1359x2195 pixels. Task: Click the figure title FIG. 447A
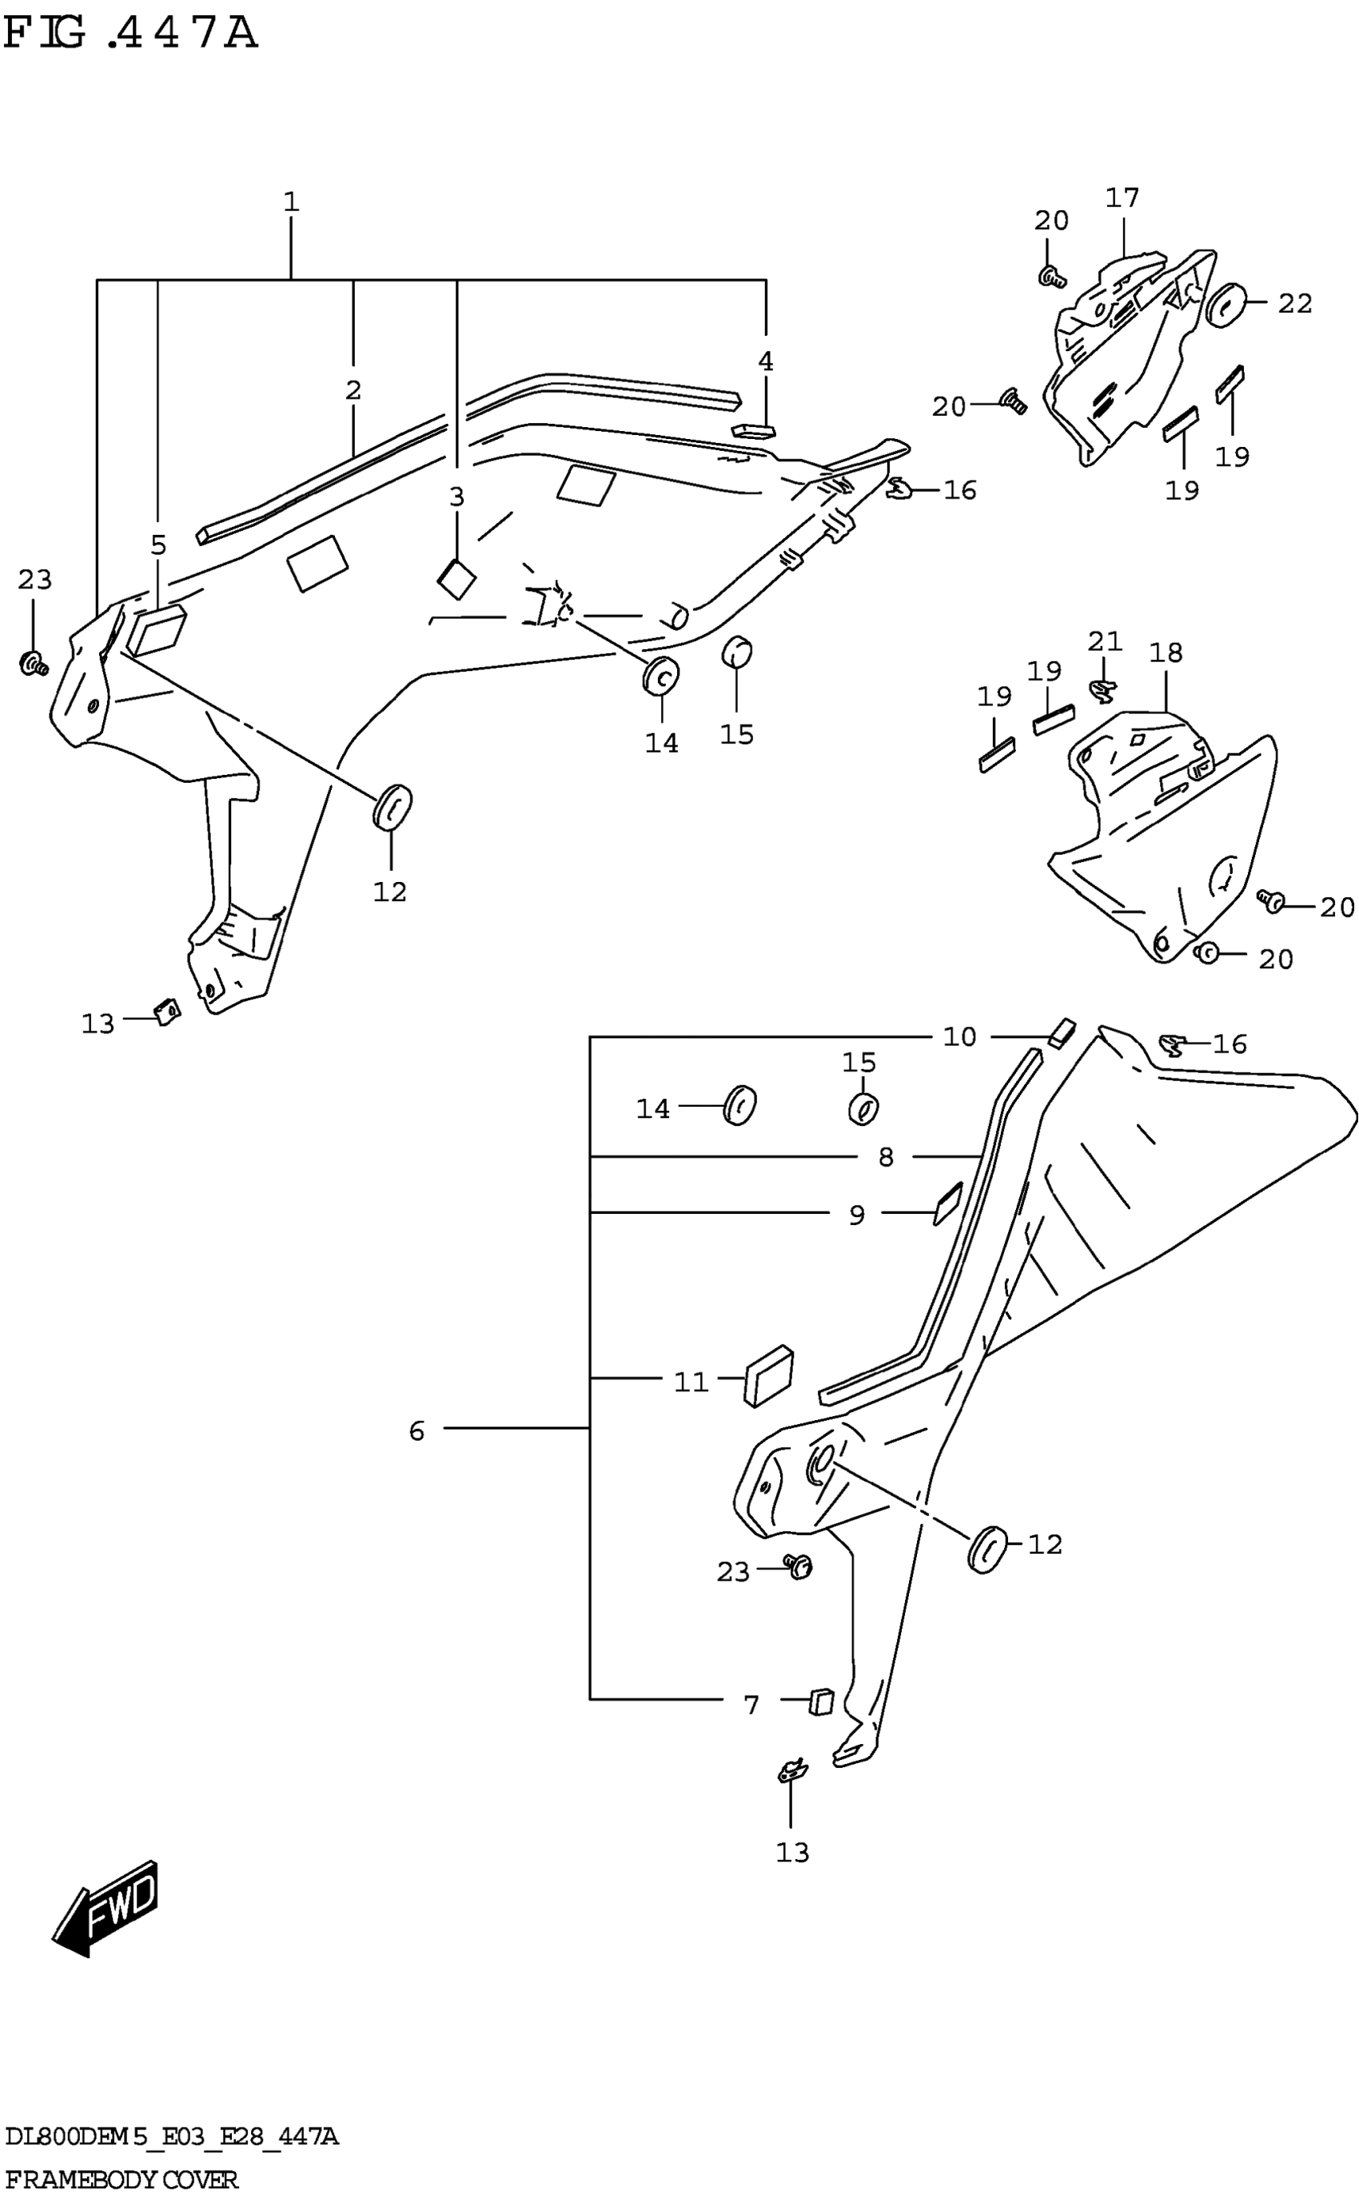131,34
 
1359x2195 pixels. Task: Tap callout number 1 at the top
290,202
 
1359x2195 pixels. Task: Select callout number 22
1294,304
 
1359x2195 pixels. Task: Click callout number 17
1122,198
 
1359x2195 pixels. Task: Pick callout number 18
1166,653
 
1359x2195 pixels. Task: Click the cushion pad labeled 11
768,1376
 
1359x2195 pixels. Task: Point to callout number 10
959,1037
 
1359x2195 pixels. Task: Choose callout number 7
751,1704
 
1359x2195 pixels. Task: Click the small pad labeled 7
822,1702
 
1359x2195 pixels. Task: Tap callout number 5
158,545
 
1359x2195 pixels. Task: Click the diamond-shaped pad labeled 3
456,579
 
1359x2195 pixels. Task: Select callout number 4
765,361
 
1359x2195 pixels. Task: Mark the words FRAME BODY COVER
122,2180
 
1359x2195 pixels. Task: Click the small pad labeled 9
947,1203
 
